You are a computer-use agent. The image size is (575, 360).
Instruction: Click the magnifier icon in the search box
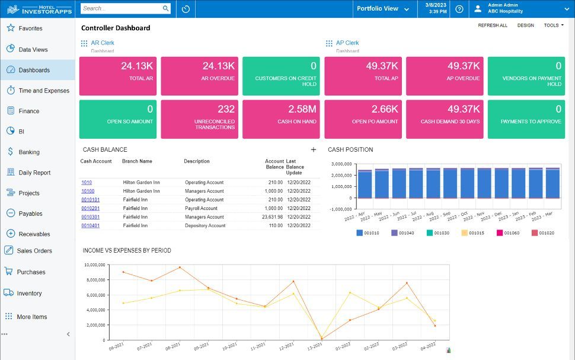(166, 8)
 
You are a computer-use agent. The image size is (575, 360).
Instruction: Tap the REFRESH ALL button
(493, 26)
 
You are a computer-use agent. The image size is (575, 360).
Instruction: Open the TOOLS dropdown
(554, 26)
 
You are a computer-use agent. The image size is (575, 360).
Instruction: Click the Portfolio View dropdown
(383, 8)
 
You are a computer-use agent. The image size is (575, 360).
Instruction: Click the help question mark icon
(459, 9)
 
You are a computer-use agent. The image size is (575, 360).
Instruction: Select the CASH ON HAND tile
(281, 119)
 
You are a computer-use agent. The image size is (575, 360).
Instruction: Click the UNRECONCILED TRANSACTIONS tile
(200, 119)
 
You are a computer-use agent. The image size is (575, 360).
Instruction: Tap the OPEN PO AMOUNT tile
(363, 119)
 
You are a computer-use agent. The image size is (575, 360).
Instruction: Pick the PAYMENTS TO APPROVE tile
(526, 119)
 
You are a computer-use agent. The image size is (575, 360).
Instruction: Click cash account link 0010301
(90, 217)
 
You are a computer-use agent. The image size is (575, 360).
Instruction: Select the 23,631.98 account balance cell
(272, 217)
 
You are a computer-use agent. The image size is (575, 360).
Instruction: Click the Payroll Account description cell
(201, 208)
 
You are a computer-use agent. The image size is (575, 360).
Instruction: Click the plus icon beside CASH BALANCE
(314, 149)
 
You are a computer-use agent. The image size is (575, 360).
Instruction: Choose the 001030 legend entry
(438, 232)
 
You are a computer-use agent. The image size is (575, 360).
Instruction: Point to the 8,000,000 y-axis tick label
(95, 279)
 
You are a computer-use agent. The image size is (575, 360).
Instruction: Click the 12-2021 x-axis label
(286, 346)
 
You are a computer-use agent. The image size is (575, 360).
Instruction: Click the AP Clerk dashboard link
(347, 43)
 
